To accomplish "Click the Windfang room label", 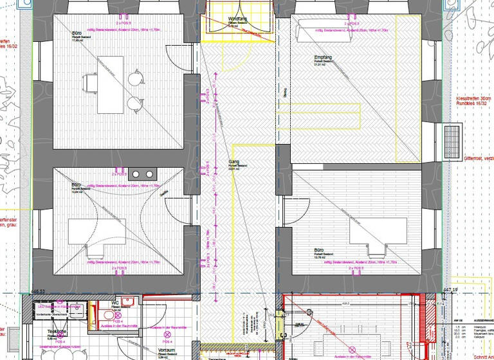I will pyautogui.click(x=237, y=20).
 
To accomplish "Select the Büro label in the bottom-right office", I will pyautogui.click(x=319, y=249).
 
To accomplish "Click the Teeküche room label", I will pyautogui.click(x=57, y=331).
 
